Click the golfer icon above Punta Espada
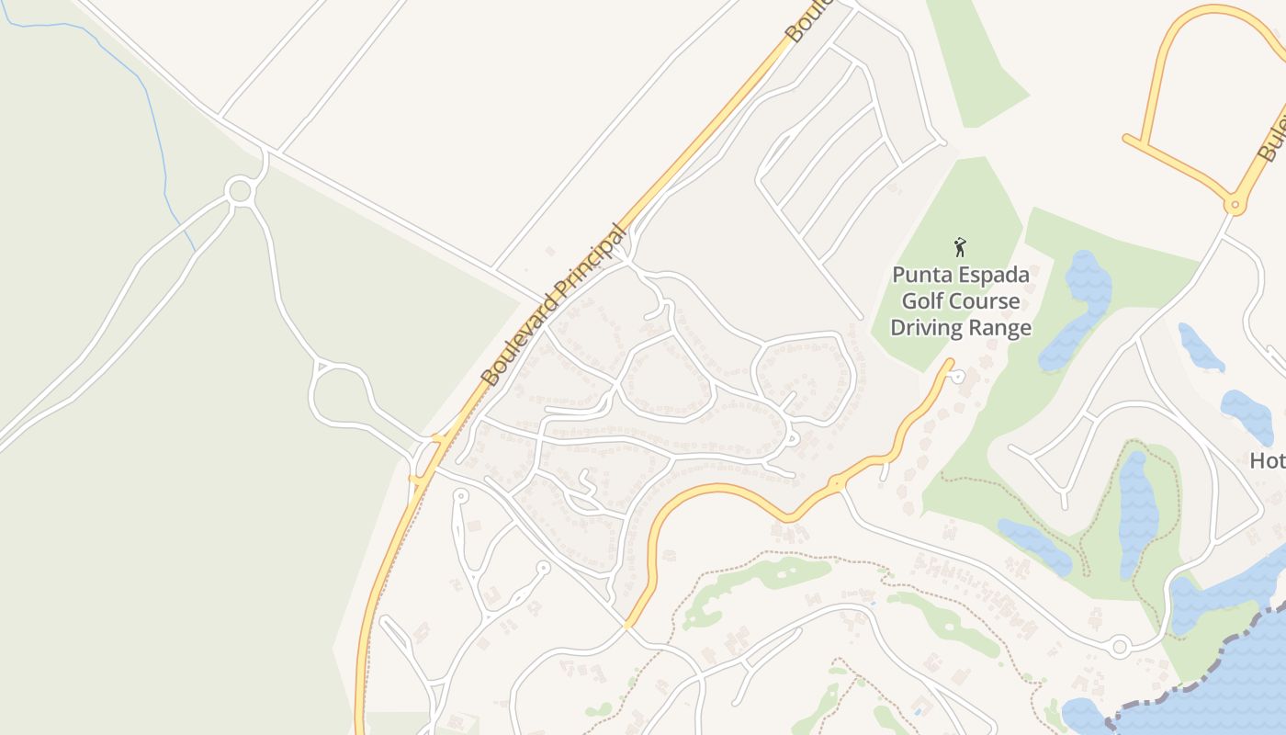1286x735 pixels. (x=960, y=246)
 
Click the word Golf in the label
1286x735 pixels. (x=921, y=301)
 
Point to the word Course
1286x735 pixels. (x=985, y=301)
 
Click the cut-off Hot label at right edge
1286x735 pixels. (x=1268, y=460)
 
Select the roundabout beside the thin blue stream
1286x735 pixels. (x=240, y=191)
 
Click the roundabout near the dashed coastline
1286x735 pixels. (x=1119, y=647)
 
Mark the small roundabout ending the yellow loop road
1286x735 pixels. (x=1235, y=204)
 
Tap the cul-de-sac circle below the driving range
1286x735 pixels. (x=958, y=376)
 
